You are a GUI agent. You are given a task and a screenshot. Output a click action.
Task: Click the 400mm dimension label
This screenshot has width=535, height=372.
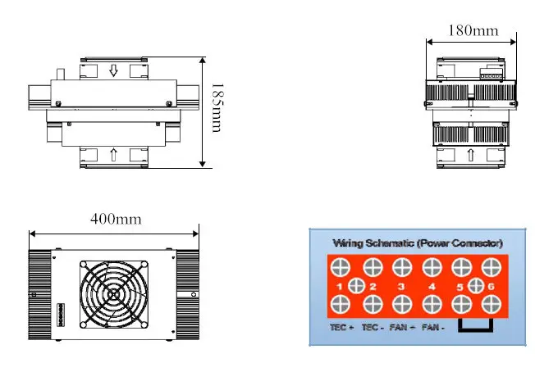pyautogui.click(x=114, y=220)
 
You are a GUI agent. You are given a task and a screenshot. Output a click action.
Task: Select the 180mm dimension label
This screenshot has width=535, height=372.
pyautogui.click(x=473, y=31)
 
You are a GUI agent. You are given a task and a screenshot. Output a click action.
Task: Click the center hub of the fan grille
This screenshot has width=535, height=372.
pyautogui.click(x=114, y=295)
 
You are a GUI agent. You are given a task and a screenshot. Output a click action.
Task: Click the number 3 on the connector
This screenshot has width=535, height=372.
pyautogui.click(x=401, y=287)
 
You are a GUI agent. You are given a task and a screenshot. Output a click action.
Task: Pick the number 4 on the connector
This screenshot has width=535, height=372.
pyautogui.click(x=432, y=287)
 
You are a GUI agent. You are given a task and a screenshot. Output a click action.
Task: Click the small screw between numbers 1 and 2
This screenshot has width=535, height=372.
pyautogui.click(x=356, y=286)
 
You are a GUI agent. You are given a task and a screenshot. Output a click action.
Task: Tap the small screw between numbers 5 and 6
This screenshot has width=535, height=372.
pyautogui.click(x=475, y=286)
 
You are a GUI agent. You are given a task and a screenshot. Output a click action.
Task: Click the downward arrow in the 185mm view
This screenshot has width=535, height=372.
pyautogui.click(x=114, y=72)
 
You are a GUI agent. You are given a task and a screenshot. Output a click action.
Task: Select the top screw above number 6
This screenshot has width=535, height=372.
pyautogui.click(x=491, y=266)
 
